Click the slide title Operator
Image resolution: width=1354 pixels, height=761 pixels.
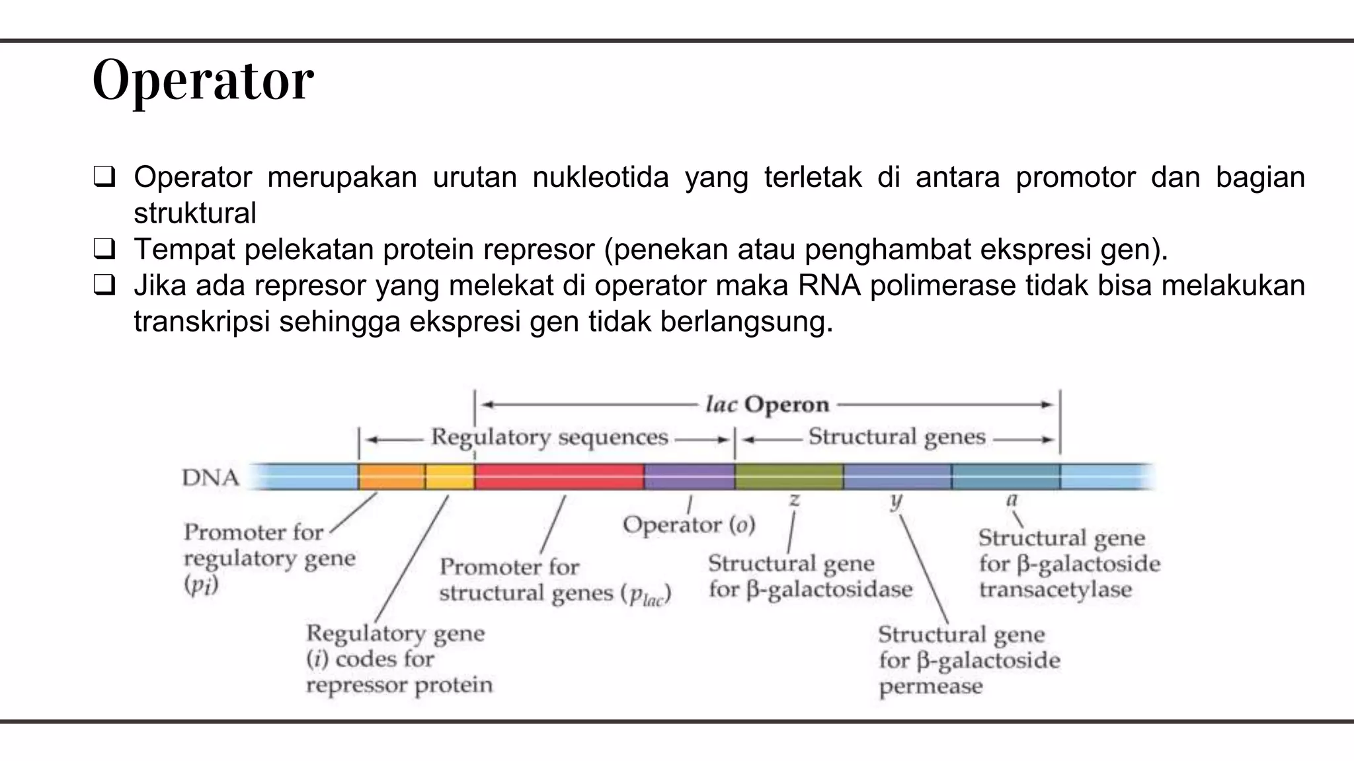tap(203, 81)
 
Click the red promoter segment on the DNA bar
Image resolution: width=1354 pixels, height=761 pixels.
tap(559, 476)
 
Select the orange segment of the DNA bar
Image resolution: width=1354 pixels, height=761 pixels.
tap(391, 476)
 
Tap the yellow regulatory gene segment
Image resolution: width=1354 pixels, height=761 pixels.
tap(450, 476)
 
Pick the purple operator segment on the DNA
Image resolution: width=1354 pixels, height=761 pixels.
tap(689, 476)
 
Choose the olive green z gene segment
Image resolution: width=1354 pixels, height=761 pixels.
tap(789, 476)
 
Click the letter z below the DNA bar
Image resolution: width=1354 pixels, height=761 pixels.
tap(794, 500)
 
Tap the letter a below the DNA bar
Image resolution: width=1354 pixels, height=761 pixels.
tap(1011, 500)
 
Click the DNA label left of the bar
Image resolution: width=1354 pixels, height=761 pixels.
tap(210, 477)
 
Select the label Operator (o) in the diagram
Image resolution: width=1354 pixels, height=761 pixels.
tap(688, 525)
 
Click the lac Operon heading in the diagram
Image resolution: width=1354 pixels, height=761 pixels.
tap(767, 404)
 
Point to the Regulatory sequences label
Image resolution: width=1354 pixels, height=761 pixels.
tap(549, 437)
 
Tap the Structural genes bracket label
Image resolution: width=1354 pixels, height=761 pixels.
tap(896, 437)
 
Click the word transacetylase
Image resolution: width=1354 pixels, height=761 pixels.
tap(1055, 589)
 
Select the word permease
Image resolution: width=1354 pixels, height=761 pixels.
tap(930, 686)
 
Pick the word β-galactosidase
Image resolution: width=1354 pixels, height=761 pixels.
tap(829, 589)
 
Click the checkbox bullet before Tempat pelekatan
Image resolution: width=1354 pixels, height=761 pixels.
tap(104, 250)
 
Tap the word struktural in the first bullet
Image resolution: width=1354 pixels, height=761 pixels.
tap(194, 213)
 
